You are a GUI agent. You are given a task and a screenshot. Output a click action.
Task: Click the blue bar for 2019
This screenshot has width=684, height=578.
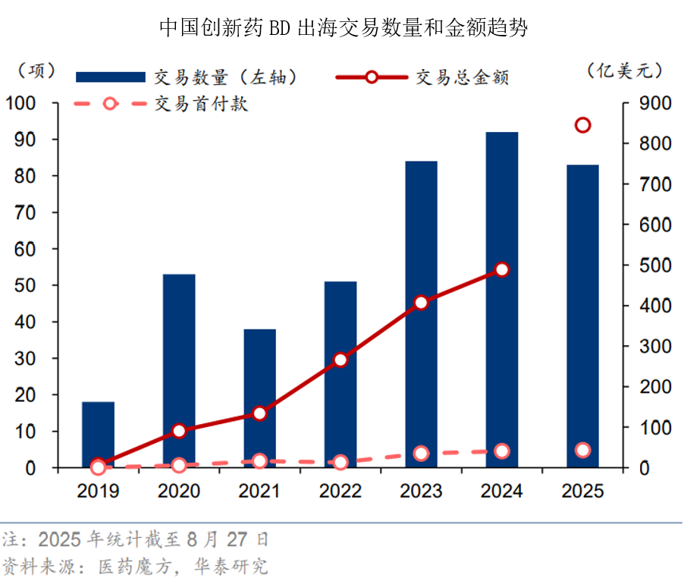click(x=99, y=434)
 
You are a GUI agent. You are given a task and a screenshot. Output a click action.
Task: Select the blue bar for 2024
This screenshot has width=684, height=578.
click(x=502, y=300)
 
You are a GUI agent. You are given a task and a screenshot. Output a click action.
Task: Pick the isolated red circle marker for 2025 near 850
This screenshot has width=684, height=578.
click(x=582, y=125)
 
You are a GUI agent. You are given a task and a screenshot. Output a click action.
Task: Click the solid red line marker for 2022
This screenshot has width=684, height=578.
click(x=340, y=360)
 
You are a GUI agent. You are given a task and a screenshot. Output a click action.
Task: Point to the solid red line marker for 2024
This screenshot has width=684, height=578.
click(x=502, y=269)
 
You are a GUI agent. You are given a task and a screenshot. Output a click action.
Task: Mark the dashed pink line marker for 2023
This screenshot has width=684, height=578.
click(x=422, y=453)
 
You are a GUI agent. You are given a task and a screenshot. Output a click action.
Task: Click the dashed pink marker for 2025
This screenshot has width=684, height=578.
click(x=582, y=450)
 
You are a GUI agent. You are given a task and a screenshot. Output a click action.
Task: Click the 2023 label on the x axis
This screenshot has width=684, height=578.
click(x=422, y=492)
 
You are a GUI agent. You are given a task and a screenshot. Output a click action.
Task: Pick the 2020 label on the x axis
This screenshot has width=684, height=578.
click(x=179, y=492)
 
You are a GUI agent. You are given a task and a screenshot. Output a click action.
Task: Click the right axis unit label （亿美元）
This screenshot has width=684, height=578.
click(x=625, y=71)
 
